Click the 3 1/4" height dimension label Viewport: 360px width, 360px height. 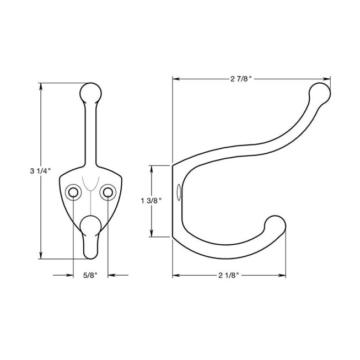pos(40,171)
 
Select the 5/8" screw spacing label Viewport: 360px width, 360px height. pos(90,275)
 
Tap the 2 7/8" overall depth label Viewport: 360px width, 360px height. pos(241,78)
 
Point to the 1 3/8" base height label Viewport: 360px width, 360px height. pos(151,201)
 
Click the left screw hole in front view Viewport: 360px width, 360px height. pos(73,192)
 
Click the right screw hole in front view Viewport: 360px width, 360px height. pos(108,192)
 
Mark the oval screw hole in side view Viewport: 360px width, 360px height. pos(178,192)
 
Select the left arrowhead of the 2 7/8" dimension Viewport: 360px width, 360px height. pos(176,78)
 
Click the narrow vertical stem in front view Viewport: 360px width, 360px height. pos(91,132)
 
